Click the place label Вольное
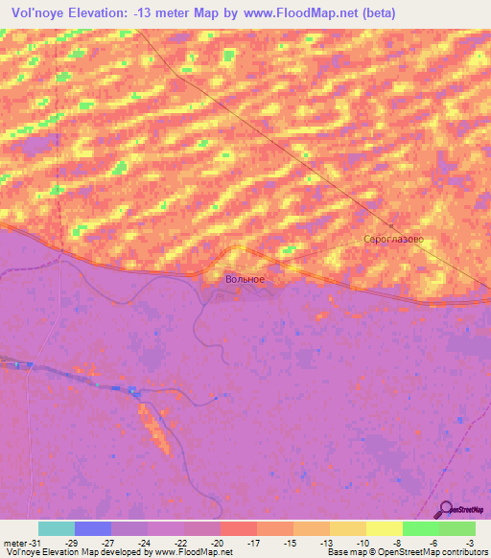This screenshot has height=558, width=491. [245, 279]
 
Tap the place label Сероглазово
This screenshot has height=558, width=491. [393, 239]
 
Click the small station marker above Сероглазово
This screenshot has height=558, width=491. [391, 225]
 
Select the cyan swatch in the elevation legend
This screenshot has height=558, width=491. [56, 528]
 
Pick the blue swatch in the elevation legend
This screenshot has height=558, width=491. [92, 528]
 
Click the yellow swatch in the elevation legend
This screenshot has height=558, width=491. [384, 528]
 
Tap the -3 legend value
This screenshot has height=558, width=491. [470, 543]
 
